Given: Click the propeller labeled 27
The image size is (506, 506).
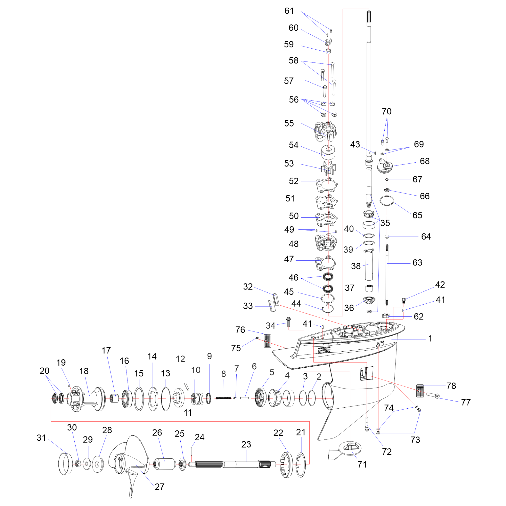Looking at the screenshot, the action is tap(129, 467).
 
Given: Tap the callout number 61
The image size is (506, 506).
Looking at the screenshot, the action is tap(289, 11).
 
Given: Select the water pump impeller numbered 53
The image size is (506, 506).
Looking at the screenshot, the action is tap(329, 168).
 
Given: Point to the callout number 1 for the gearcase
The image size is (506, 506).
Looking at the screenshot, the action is tap(430, 338).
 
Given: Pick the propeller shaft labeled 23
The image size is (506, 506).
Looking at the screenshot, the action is tap(232, 464).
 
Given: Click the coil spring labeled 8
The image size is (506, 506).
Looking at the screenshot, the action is tap(223, 398).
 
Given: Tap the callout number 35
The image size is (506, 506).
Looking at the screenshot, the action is tap(385, 223).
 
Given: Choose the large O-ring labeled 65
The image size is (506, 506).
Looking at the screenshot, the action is tap(387, 201).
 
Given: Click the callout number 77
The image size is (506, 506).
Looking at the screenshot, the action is tap(466, 402).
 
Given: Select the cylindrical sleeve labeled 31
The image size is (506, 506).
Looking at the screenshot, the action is tap(65, 463).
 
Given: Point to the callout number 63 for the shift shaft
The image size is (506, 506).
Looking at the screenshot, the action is tap(417, 263).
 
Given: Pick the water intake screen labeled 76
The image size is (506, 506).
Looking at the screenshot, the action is tap(267, 341).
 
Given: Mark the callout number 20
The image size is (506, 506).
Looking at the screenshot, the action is tap(45, 371).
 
